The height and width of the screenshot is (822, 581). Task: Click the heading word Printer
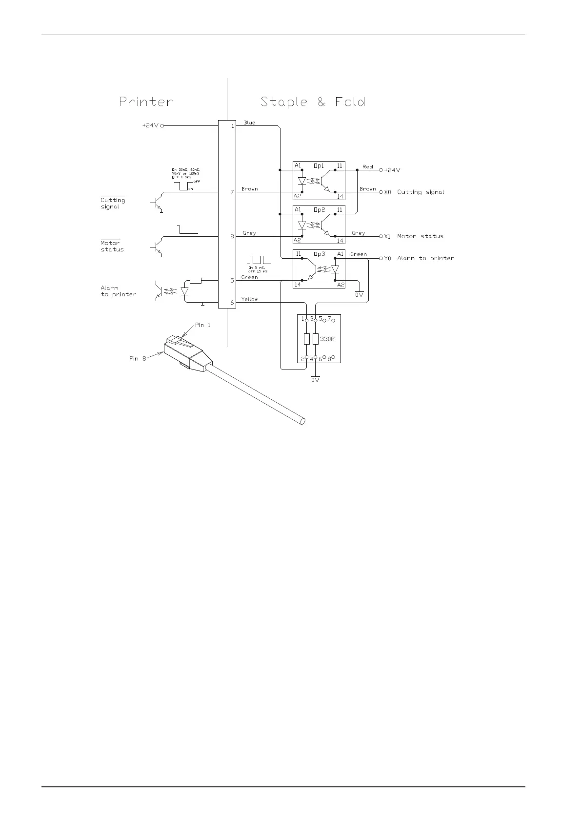pyautogui.click(x=146, y=102)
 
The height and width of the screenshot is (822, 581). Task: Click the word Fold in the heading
pyautogui.click(x=350, y=102)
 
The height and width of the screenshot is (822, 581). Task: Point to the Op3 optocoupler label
pyautogui.click(x=319, y=254)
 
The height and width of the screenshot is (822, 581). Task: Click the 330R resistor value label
pyautogui.click(x=327, y=339)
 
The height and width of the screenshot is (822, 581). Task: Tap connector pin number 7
pyautogui.click(x=232, y=192)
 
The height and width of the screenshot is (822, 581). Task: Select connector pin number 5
pyautogui.click(x=232, y=280)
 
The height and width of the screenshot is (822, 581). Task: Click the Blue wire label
pyautogui.click(x=249, y=123)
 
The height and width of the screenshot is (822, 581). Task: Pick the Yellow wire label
pyautogui.click(x=249, y=299)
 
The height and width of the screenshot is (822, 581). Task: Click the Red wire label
pyautogui.click(x=368, y=167)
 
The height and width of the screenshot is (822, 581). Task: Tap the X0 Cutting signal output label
pyautogui.click(x=414, y=192)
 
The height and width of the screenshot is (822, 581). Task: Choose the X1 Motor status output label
pyautogui.click(x=414, y=236)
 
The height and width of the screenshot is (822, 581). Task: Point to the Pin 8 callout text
pyautogui.click(x=138, y=358)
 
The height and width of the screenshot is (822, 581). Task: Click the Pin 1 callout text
pyautogui.click(x=203, y=325)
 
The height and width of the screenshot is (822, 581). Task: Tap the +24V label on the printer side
pyautogui.click(x=150, y=125)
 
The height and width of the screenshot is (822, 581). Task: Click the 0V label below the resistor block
pyautogui.click(x=315, y=379)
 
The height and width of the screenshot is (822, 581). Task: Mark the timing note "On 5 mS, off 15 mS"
pyautogui.click(x=259, y=269)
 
